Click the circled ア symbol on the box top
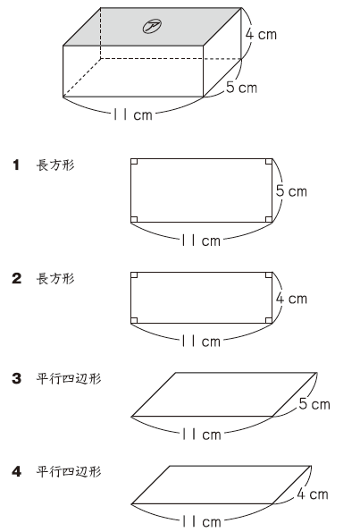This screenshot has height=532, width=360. (x=152, y=27)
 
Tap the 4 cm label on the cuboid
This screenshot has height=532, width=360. (x=261, y=34)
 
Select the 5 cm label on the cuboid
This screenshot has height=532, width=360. (x=242, y=88)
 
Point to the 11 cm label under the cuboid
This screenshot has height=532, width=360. (x=133, y=114)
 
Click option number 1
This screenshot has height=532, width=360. (x=16, y=165)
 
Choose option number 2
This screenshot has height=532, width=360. (x=17, y=279)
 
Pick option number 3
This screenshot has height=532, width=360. (x=17, y=378)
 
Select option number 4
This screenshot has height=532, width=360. (x=17, y=471)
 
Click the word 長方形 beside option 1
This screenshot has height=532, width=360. (x=55, y=165)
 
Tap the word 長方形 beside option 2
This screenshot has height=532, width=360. (x=55, y=279)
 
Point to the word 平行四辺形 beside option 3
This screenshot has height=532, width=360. (x=69, y=378)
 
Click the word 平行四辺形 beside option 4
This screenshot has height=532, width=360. (x=69, y=471)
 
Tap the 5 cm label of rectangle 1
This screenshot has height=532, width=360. (x=291, y=191)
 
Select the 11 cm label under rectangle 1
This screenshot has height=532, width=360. (x=201, y=241)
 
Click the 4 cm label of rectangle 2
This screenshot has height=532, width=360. (x=291, y=299)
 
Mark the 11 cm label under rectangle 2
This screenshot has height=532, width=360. (x=201, y=341)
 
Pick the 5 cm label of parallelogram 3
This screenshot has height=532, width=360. (x=314, y=404)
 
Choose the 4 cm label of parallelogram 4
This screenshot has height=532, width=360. (x=313, y=494)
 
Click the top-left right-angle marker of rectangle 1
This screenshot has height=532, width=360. (x=134, y=162)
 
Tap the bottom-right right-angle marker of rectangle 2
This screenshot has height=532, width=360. (x=269, y=320)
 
